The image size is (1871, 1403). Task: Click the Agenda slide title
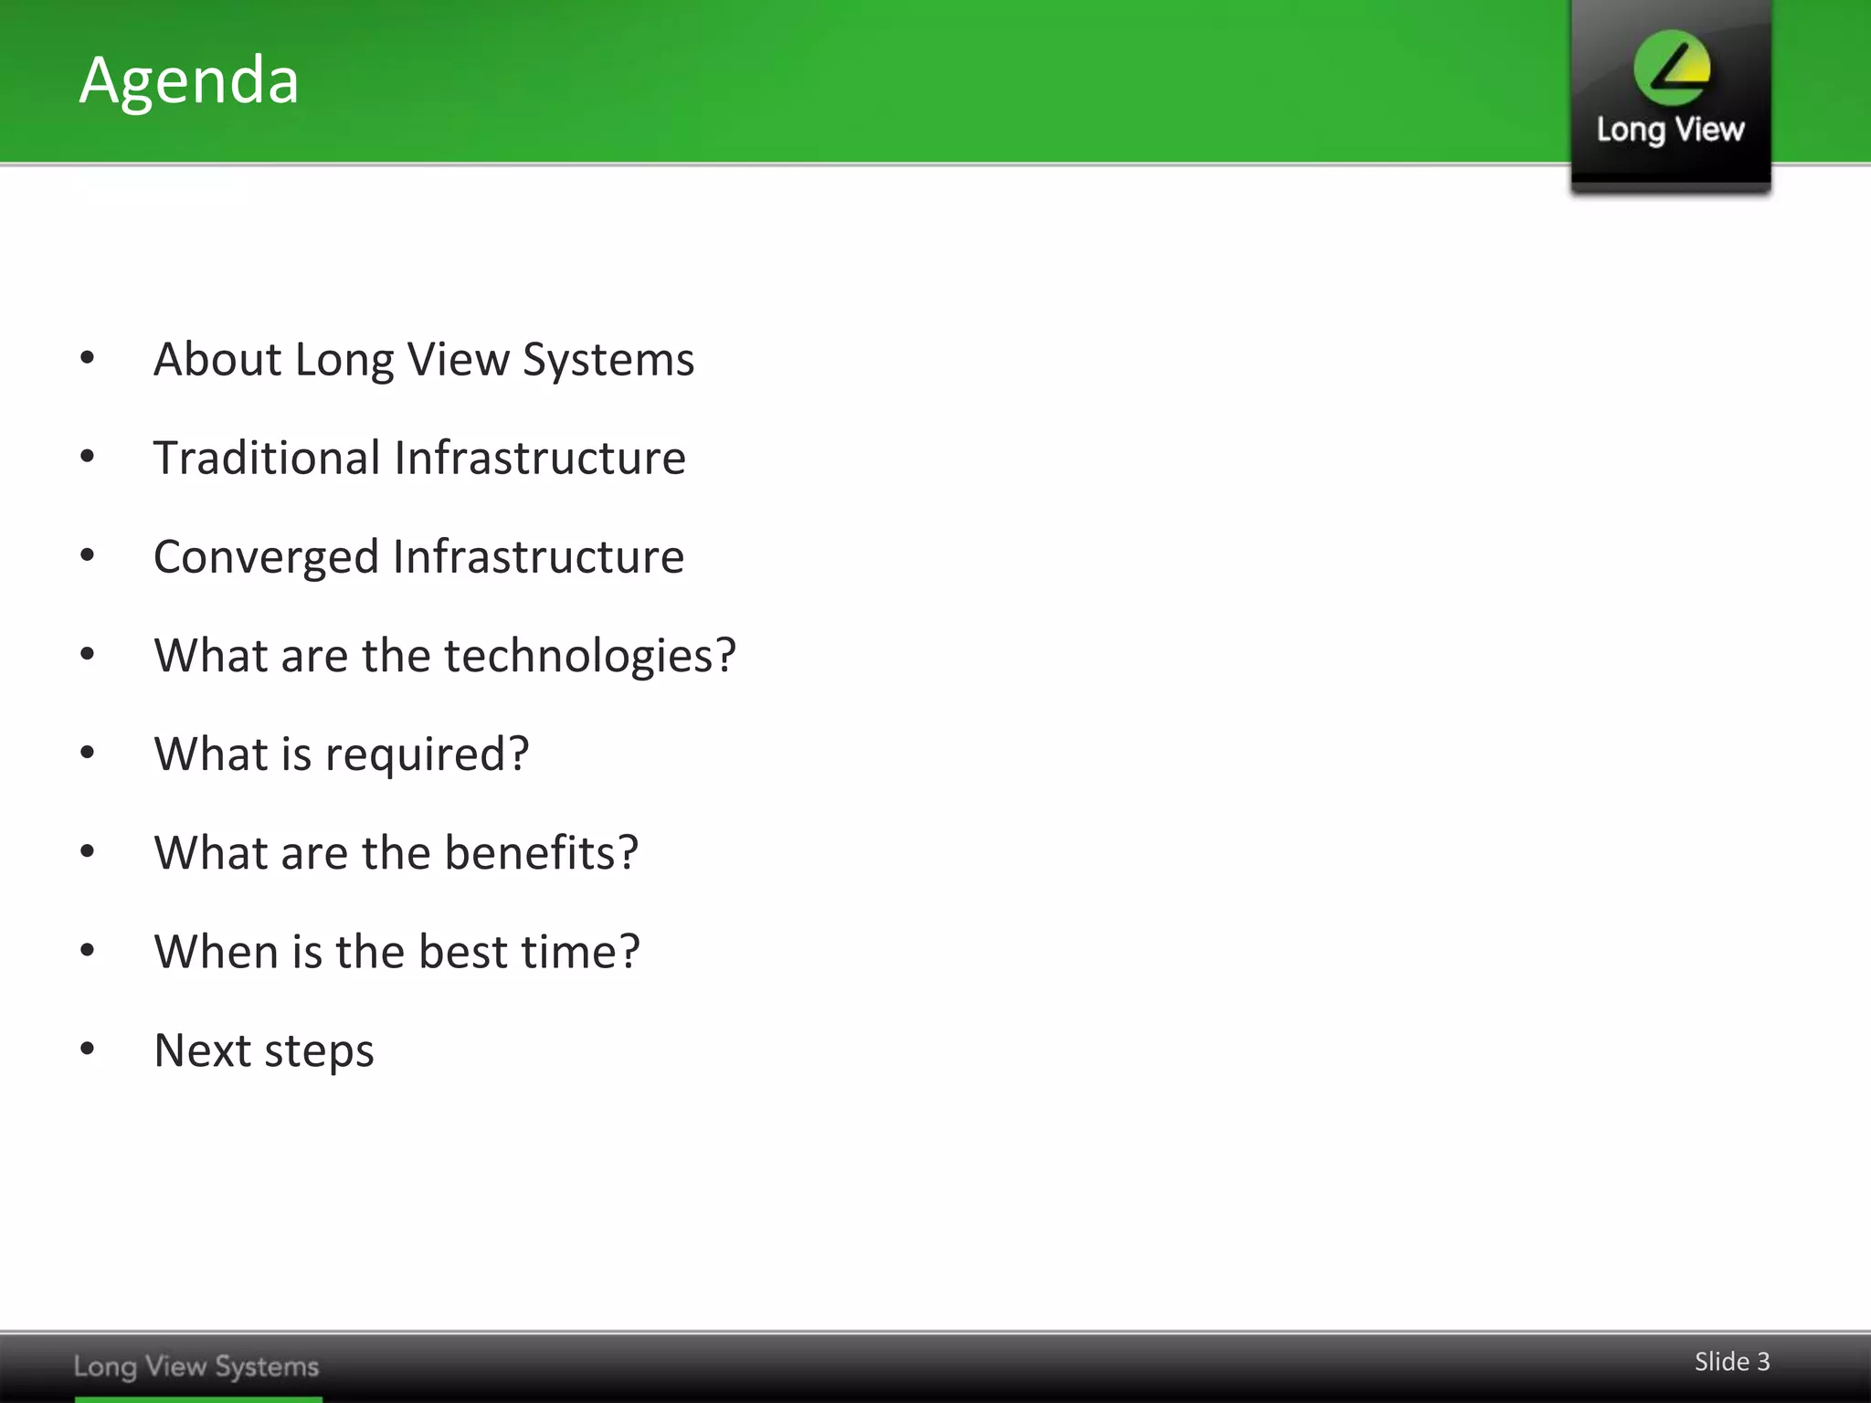pos(189,80)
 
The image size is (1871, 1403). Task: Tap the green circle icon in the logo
pos(1672,67)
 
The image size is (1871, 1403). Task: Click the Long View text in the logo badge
pos(1670,130)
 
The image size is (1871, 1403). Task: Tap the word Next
pos(202,1050)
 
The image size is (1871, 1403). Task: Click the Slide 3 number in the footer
pos(1731,1362)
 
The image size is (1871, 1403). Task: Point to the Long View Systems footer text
pos(196,1366)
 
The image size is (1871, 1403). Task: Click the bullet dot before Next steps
pos(88,1049)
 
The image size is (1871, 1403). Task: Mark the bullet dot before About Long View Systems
pos(88,358)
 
